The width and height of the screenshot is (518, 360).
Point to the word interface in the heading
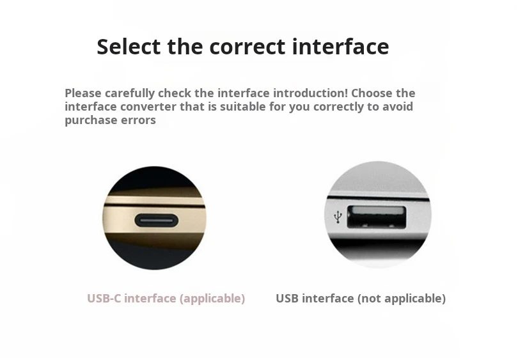tap(340, 47)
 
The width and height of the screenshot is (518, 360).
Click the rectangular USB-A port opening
tap(376, 217)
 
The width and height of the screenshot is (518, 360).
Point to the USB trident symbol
tap(338, 217)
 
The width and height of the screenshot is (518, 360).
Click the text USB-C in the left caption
tap(104, 299)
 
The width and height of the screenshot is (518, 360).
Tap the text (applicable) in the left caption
tap(212, 299)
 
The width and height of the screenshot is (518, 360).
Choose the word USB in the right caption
tap(288, 299)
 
